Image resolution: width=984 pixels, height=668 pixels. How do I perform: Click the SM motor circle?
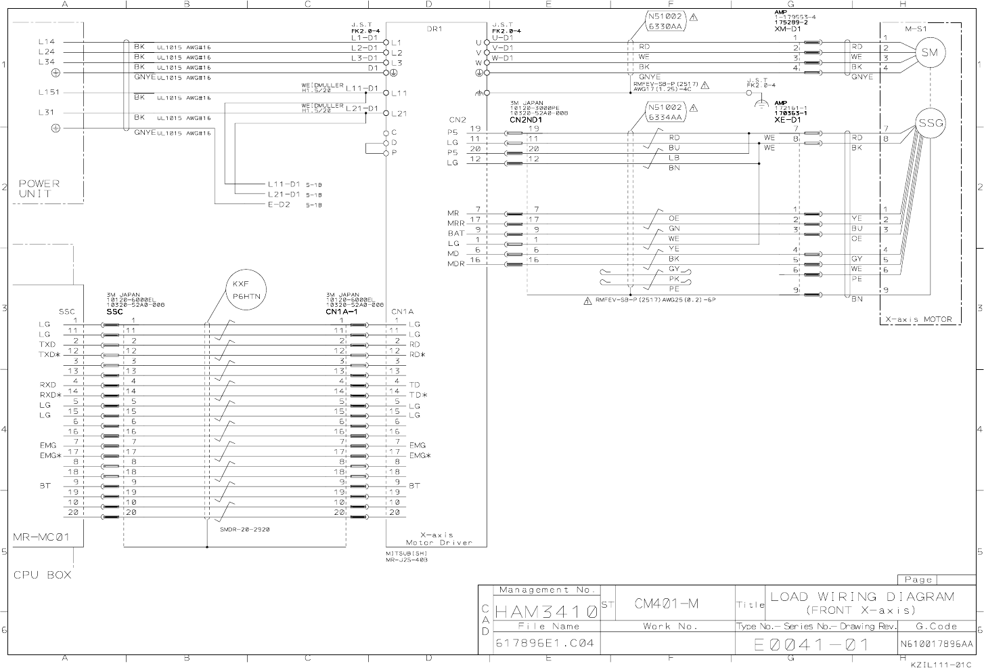point(930,53)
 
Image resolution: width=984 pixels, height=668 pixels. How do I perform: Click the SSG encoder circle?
point(930,123)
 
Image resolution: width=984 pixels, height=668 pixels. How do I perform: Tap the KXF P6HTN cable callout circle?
point(246,291)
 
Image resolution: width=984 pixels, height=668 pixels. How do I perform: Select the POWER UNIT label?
point(39,188)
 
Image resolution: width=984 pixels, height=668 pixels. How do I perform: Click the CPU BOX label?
point(42,575)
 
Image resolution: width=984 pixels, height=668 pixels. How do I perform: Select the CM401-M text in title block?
point(667,602)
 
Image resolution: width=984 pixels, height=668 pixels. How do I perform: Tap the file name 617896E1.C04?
point(545,643)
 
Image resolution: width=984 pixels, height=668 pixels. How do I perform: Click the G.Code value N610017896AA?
point(937,644)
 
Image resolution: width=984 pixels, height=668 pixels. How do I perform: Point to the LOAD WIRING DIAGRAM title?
point(862,597)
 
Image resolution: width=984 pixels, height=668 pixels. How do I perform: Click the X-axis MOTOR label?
point(918,319)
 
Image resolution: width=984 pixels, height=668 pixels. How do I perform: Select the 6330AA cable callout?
point(666,26)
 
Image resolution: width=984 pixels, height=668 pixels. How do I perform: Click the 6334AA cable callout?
point(666,117)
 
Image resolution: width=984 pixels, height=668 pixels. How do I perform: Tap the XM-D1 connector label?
point(788,29)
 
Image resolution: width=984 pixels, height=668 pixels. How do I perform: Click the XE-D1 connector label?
point(788,119)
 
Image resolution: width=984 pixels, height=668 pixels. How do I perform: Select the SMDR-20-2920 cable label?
point(245,530)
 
